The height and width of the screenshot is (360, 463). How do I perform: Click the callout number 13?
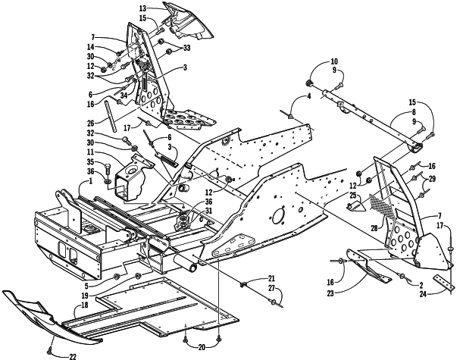[x=142, y=8]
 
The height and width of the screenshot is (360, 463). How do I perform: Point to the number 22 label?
[x=73, y=357]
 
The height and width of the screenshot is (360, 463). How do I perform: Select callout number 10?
[x=334, y=61]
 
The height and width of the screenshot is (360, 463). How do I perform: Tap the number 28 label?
[x=374, y=228]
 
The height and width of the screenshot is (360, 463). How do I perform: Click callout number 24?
[x=423, y=294]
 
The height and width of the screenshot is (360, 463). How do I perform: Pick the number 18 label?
[x=85, y=305]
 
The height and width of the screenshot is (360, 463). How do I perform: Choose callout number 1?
[x=90, y=180]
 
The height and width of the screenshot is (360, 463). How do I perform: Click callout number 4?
[x=309, y=96]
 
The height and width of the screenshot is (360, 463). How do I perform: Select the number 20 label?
[x=202, y=348]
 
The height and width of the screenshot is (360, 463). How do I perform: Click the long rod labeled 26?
[x=111, y=116]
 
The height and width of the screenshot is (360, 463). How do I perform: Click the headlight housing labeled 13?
[x=187, y=22]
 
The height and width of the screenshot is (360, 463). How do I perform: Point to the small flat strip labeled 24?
[x=443, y=283]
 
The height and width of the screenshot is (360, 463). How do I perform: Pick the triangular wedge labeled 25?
[x=356, y=206]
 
